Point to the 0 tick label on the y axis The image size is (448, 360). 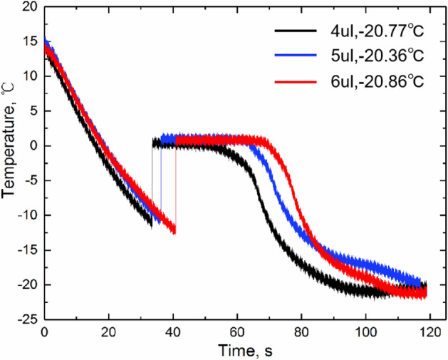pyautogui.click(x=33, y=146)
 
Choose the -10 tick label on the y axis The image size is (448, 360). pyautogui.click(x=28, y=215)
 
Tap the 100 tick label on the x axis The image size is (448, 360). pyautogui.click(x=365, y=332)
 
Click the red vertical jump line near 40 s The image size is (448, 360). pyautogui.click(x=175, y=185)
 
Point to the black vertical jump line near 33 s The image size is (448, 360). pyautogui.click(x=152, y=182)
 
